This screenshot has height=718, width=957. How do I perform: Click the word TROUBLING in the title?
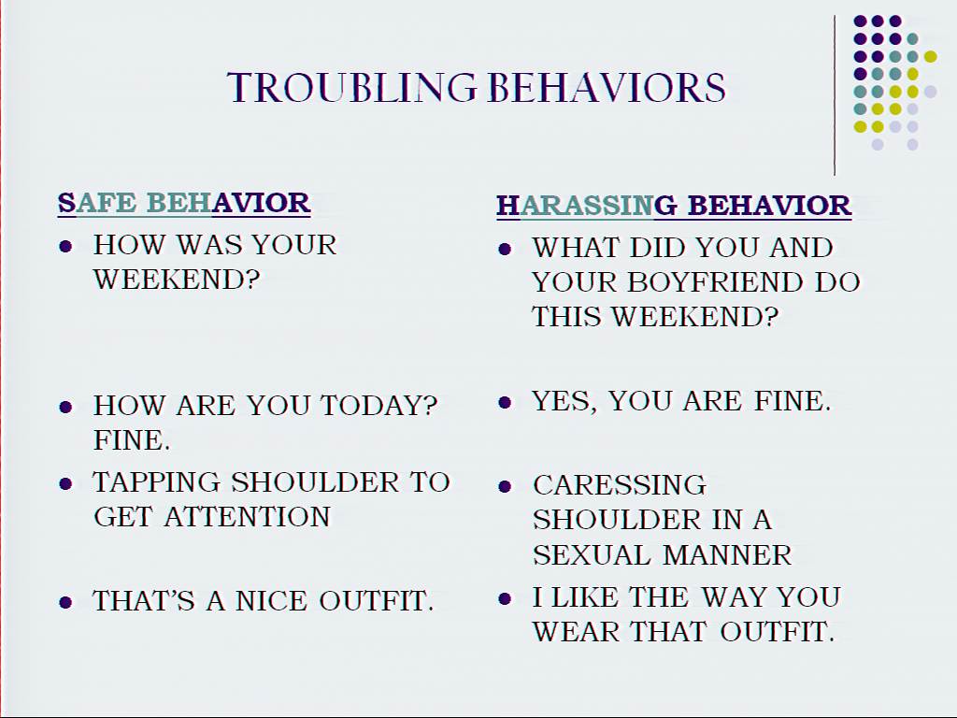click(351, 87)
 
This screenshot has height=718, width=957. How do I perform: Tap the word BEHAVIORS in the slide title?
click(607, 87)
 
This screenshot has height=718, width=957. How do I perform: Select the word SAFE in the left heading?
click(97, 203)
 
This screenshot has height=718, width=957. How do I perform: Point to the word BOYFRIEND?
click(715, 282)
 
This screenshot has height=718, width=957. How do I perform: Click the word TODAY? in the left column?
click(379, 406)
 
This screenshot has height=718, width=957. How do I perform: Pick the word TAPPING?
click(156, 482)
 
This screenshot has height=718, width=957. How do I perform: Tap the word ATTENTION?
click(247, 516)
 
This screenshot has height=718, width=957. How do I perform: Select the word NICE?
click(271, 601)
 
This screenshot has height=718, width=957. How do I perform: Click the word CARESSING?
click(620, 485)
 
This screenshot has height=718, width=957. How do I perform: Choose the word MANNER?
click(727, 555)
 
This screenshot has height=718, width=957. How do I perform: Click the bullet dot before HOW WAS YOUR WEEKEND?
click(66, 247)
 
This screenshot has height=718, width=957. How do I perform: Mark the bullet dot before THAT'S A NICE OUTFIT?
click(66, 603)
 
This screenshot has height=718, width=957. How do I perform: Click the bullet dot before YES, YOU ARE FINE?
click(505, 402)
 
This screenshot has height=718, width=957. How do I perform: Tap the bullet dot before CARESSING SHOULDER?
click(505, 486)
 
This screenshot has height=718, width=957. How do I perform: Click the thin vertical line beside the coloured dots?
click(835, 95)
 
